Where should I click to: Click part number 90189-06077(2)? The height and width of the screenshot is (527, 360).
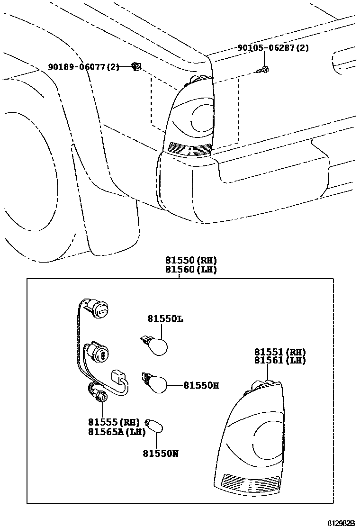84,67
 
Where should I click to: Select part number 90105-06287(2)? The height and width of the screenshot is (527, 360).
273,48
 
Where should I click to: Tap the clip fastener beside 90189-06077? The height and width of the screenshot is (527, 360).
136,67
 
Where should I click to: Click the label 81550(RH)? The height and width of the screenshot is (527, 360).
191,260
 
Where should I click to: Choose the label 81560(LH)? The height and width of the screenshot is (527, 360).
191,270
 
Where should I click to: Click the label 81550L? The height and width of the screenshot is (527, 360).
165,319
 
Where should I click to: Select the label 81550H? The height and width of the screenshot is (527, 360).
201,386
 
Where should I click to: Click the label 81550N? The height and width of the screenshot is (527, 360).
161,454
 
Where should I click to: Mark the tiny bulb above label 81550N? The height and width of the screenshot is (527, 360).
155,428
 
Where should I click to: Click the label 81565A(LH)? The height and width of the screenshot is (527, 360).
116,431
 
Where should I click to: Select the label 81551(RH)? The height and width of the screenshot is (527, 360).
280,352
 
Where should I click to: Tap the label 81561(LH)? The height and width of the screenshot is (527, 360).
280,361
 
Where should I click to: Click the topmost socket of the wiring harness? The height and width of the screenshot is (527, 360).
100,309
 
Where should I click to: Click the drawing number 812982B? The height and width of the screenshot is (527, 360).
341,523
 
